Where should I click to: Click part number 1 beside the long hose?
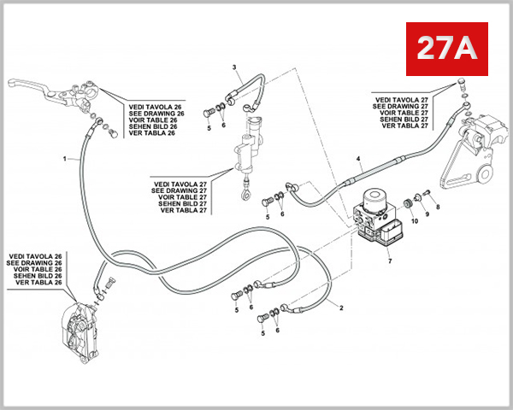64,159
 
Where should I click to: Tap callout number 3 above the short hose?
359,160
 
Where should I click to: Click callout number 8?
437,207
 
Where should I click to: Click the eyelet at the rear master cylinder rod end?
245,193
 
